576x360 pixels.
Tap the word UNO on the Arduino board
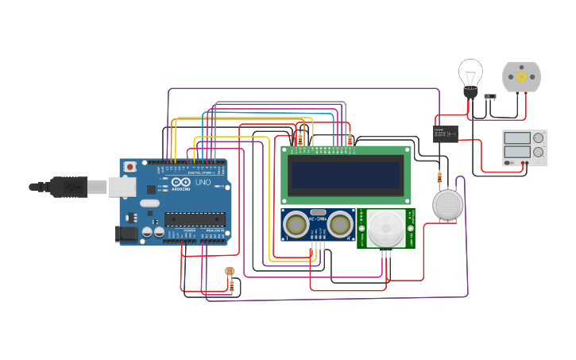coord(203,182)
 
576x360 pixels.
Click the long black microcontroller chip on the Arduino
coord(193,219)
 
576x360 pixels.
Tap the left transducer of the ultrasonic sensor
coord(296,225)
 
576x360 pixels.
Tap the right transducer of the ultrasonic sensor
coord(340,225)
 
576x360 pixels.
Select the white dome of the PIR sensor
coord(385,228)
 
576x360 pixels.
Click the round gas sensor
coord(447,204)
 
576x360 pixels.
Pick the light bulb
coord(470,75)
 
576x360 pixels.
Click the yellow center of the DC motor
coord(521,77)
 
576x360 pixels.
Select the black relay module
coord(445,134)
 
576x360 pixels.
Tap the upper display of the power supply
coord(516,138)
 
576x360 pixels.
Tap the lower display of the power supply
coord(516,152)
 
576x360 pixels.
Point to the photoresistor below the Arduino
coord(230,272)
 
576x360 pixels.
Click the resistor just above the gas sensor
coord(439,178)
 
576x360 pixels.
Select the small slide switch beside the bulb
coord(490,97)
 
